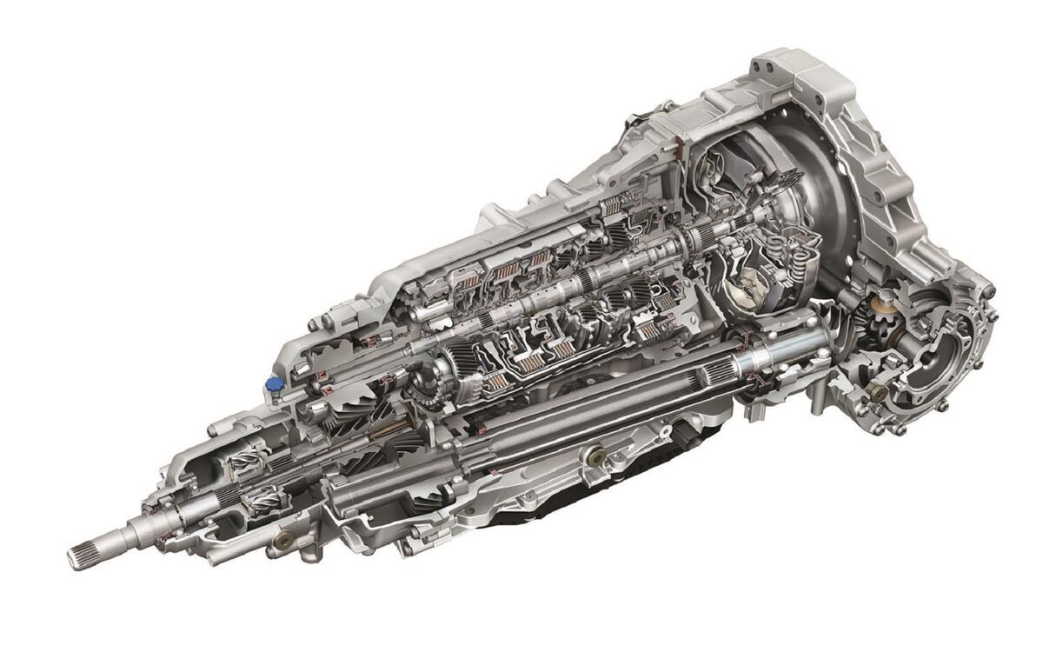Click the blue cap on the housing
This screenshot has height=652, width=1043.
coord(275,383)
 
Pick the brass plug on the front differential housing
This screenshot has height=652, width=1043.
coord(880,393)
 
